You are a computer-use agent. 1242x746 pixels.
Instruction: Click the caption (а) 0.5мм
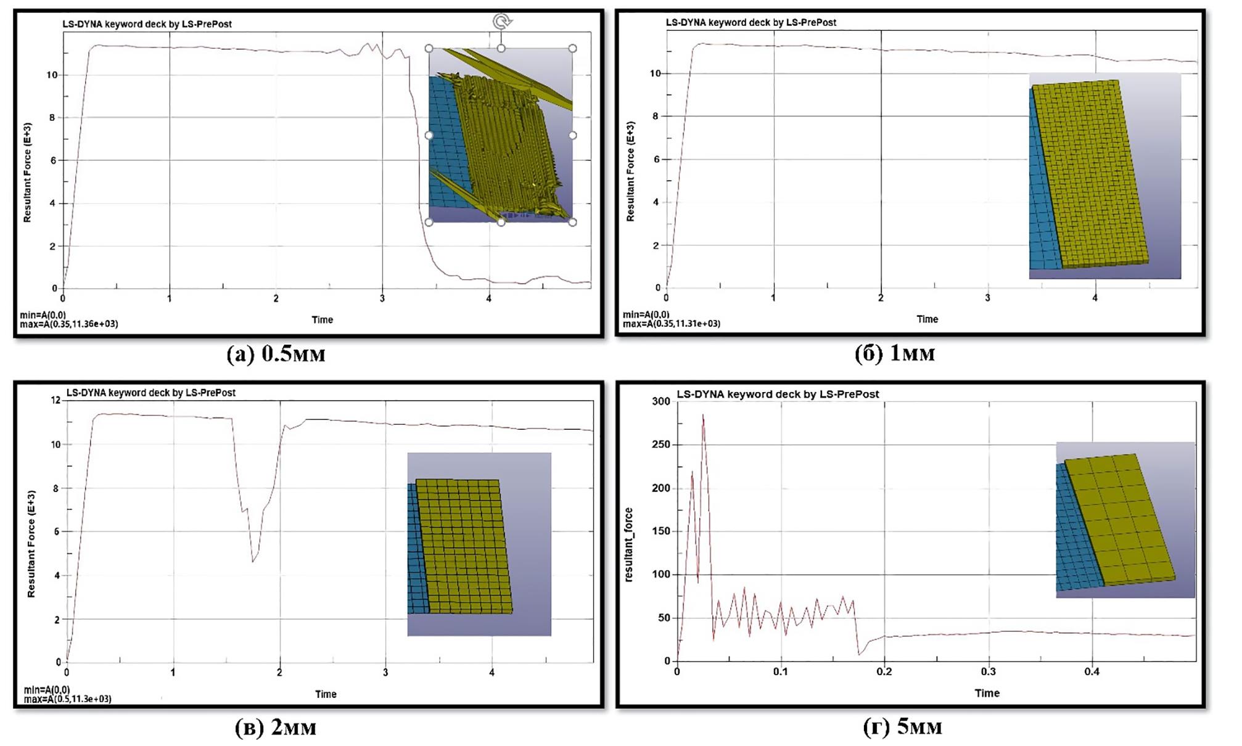(276, 354)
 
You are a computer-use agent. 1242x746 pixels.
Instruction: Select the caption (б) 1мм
(894, 353)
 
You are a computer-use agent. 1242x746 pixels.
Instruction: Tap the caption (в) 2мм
(276, 728)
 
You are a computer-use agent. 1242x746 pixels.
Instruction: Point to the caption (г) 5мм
(902, 727)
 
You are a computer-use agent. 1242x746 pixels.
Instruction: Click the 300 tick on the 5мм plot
(660, 401)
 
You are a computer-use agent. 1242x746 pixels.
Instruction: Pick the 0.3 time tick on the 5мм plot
(988, 671)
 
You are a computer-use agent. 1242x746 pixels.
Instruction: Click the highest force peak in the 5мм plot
(703, 416)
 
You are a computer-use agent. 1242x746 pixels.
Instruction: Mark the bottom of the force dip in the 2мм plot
(252, 561)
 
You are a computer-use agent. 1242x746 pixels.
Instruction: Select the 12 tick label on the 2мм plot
(56, 400)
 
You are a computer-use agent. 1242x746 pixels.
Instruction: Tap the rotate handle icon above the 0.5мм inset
(502, 22)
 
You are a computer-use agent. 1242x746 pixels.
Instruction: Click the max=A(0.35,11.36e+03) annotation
(69, 324)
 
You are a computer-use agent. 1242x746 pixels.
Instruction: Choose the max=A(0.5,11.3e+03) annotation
(68, 699)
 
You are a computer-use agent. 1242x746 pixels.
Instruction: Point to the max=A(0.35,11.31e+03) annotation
(672, 324)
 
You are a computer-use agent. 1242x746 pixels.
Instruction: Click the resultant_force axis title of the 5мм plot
(628, 544)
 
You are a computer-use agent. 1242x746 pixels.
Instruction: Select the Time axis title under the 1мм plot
(927, 319)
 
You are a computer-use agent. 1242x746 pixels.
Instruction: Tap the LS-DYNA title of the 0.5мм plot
(147, 24)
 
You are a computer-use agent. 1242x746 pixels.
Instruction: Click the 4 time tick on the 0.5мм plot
(489, 299)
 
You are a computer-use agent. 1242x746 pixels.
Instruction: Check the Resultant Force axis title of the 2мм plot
(31, 544)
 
